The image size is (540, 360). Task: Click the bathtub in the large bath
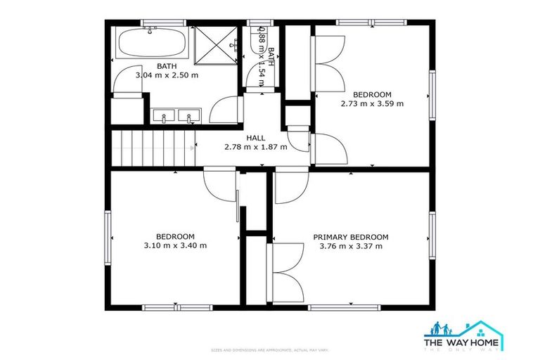[x=150, y=45]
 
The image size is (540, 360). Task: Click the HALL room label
[x=255, y=138]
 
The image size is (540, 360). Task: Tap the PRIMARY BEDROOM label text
[x=350, y=237]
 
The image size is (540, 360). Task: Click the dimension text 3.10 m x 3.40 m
[x=174, y=246]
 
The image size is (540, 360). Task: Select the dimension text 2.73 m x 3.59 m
[x=372, y=104]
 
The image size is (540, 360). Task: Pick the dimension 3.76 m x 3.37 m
[x=350, y=246]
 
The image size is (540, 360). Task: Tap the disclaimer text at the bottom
[x=270, y=349]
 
